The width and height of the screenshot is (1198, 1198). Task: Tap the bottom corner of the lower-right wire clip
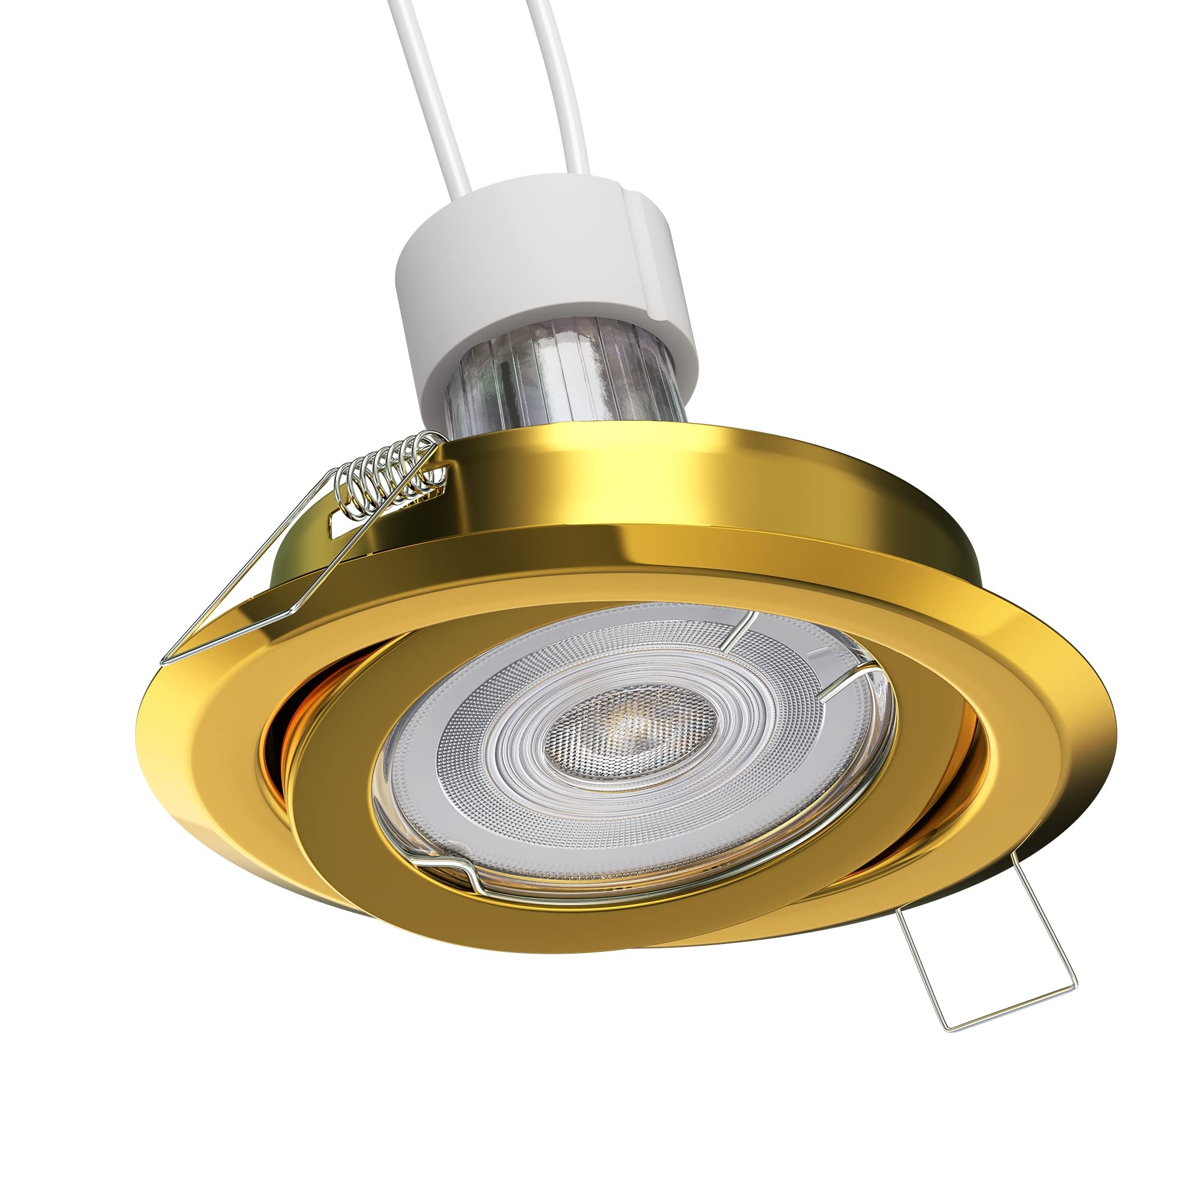949,1029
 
